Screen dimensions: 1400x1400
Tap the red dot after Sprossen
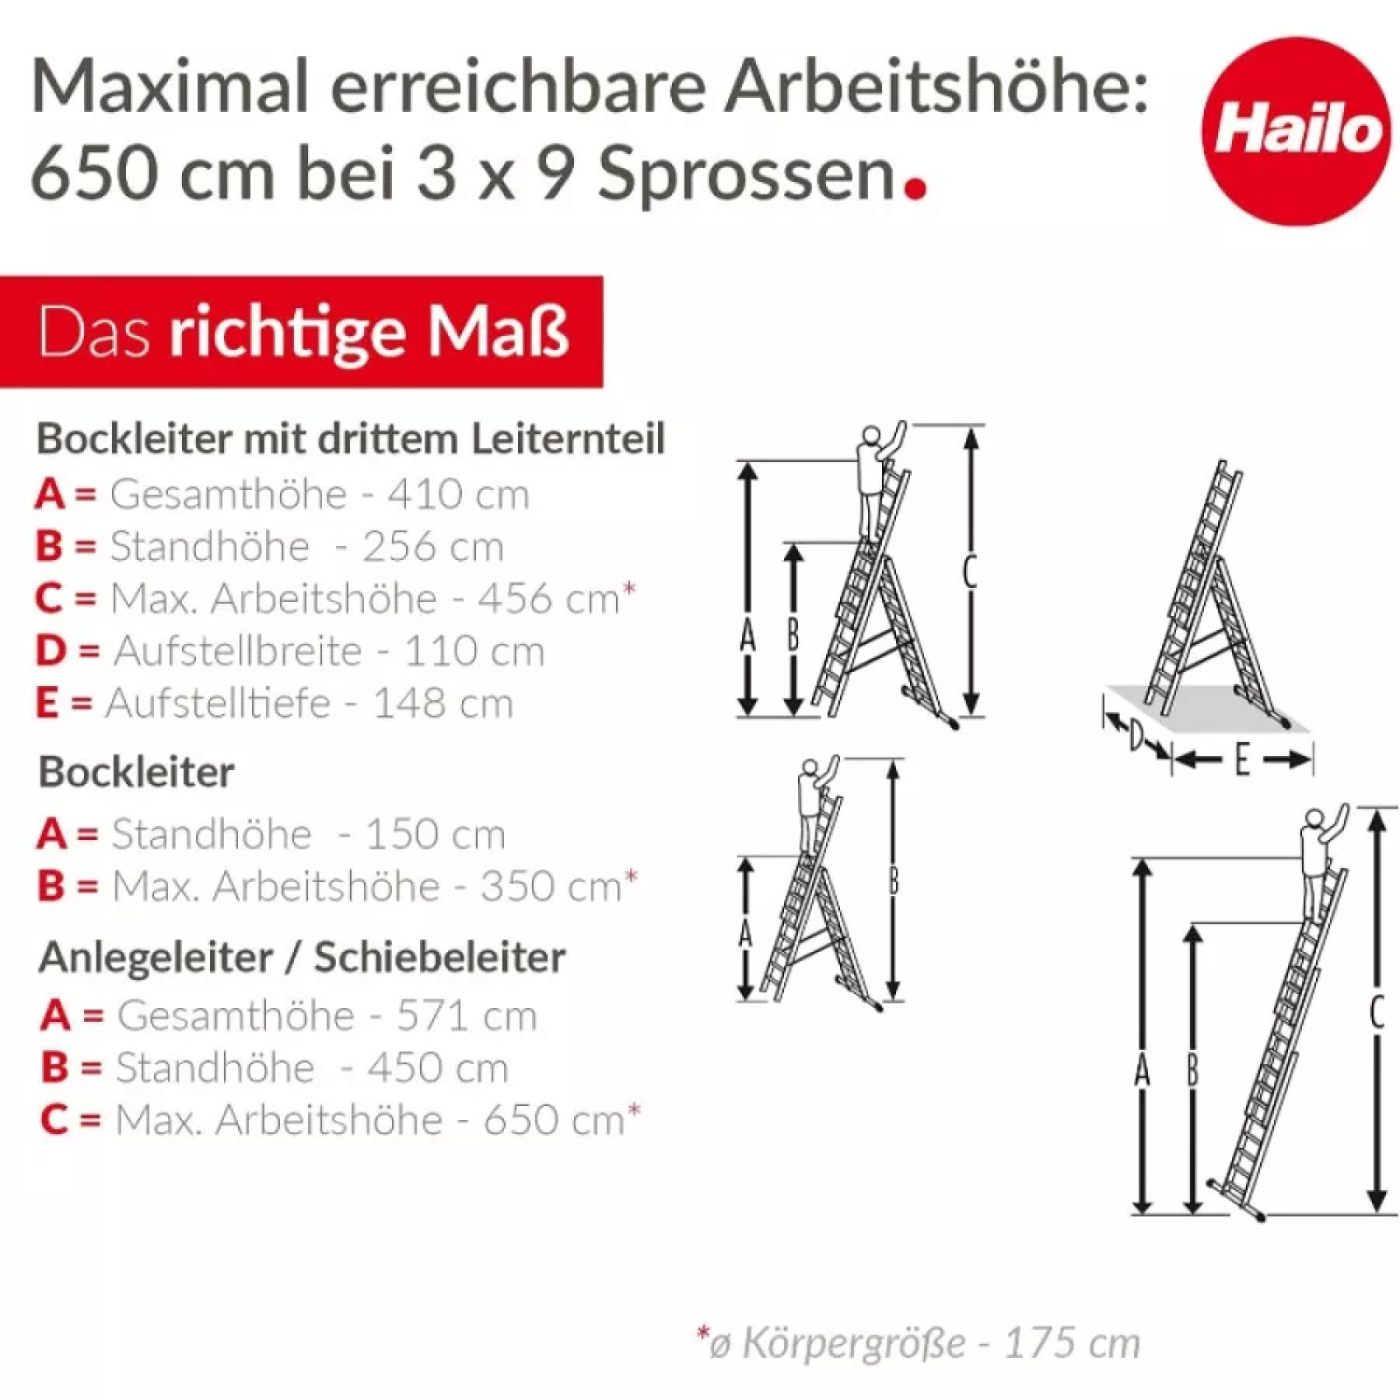917,188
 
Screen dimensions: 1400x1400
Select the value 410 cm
458,494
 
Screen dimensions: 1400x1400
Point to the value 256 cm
433,546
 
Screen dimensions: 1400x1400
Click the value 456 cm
549,598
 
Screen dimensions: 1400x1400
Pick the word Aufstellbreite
238,651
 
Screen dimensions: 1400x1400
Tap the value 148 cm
443,703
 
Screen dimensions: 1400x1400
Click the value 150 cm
435,833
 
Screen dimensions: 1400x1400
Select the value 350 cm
552,886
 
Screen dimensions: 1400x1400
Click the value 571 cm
467,1015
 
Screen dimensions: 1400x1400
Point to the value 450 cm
438,1067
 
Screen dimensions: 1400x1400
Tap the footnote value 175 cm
1071,1343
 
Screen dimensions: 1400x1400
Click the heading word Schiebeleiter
440,957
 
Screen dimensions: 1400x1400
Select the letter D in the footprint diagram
1136,736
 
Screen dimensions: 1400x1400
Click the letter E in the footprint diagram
1241,760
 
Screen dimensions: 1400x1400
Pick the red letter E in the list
47,703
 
